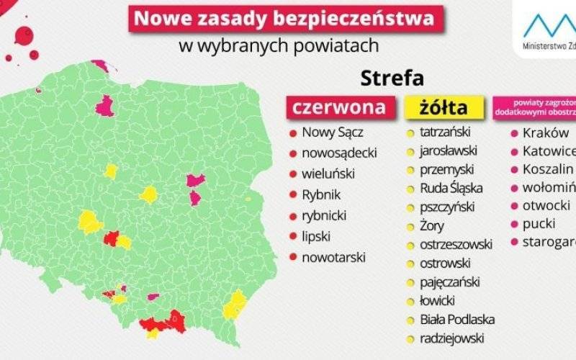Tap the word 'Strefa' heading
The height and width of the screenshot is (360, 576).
(x=392, y=76)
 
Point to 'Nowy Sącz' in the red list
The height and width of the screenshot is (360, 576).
(x=333, y=132)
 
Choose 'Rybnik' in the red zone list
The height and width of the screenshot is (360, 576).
(x=321, y=194)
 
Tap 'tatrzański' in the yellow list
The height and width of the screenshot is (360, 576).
(x=445, y=132)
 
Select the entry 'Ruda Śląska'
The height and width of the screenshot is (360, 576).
(x=452, y=189)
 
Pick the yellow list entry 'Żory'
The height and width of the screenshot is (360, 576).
(x=432, y=226)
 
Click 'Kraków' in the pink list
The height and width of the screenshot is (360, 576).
(x=546, y=133)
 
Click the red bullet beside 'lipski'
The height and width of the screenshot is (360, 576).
(x=292, y=236)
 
